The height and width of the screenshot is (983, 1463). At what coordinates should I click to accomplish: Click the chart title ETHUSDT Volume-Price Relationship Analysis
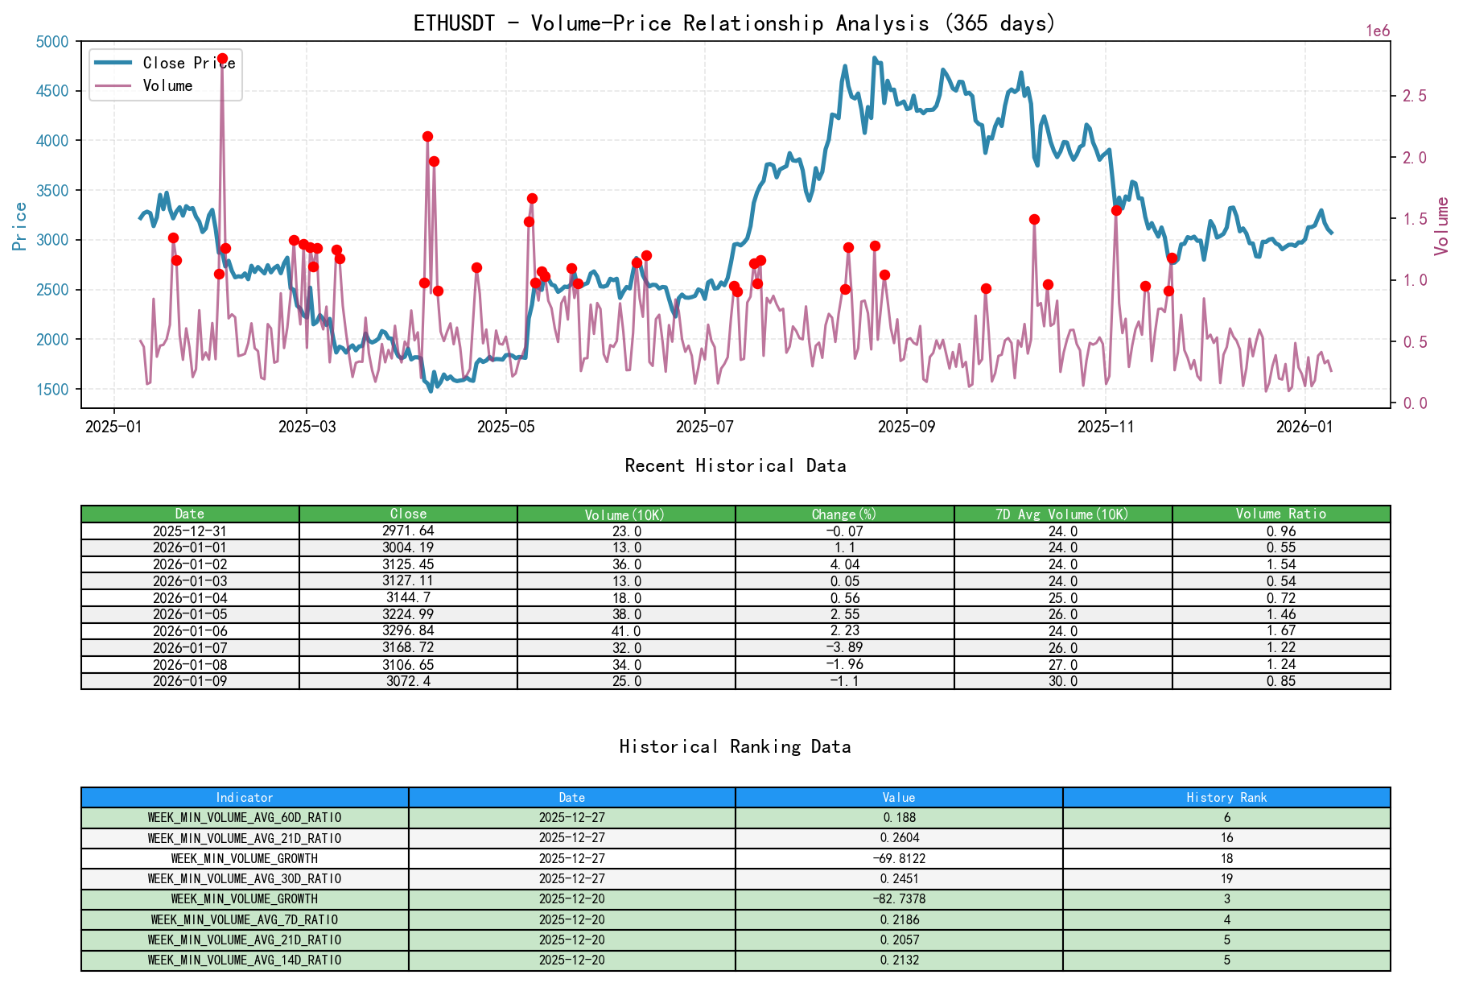pos(734,23)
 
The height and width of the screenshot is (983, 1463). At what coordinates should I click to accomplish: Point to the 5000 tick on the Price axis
pos(53,41)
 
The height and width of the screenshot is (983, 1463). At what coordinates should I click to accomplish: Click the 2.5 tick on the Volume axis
pos(1414,96)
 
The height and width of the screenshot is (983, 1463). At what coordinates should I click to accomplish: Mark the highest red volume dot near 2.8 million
pos(222,59)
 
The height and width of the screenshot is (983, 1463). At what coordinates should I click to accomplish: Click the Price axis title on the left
pos(19,225)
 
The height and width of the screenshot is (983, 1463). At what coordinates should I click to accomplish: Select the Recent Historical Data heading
pos(735,465)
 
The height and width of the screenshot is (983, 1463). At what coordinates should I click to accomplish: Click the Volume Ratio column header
pos(1280,514)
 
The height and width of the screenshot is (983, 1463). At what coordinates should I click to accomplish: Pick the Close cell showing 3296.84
pos(408,630)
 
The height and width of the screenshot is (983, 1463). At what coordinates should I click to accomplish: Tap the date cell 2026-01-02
pos(190,564)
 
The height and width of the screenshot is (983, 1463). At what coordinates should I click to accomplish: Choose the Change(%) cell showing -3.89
pos(844,647)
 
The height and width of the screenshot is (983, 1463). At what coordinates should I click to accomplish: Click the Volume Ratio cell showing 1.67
pos(1280,630)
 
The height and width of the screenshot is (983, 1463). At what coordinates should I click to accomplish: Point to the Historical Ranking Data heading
pos(735,746)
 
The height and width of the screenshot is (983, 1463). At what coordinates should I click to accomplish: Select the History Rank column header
pos(1226,797)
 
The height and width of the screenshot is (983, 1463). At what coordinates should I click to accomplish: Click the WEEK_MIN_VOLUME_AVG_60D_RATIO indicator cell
pos(245,817)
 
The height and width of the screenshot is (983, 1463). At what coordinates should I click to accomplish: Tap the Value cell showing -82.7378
pos(898,898)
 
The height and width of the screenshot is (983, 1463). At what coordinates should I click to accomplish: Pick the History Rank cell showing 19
pos(1226,878)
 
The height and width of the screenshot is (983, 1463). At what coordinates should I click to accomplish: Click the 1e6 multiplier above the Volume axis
pos(1378,31)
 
